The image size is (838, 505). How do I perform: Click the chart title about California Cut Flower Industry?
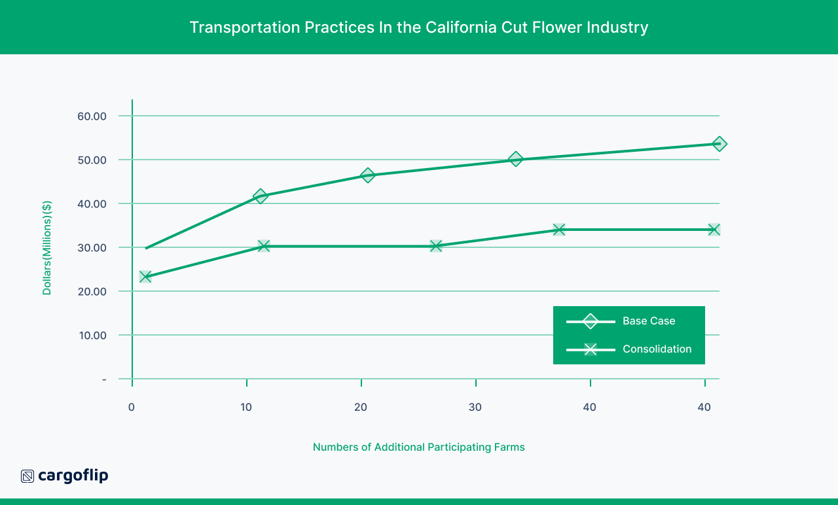coord(419,27)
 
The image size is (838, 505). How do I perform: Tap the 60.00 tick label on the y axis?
coord(92,116)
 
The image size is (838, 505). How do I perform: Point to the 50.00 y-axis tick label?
coord(92,160)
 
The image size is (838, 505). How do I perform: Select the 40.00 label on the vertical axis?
coord(92,204)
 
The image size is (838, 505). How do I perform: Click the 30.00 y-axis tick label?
coord(92,248)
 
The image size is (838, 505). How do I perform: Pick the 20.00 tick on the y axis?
coord(92,292)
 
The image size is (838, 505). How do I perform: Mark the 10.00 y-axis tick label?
coord(92,336)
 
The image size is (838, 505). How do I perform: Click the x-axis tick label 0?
coord(132,407)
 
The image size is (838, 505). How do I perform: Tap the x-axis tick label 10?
coord(246,407)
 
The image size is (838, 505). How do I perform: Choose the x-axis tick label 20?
coord(361,407)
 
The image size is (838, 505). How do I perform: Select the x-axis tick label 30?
coord(475,407)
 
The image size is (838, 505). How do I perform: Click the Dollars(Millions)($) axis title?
coord(47,248)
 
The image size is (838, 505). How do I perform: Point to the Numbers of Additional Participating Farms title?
coord(419,447)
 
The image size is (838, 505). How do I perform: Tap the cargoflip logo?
coord(65,476)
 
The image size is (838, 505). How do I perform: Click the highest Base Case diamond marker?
coord(720,144)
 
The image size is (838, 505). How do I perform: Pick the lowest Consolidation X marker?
coord(145,277)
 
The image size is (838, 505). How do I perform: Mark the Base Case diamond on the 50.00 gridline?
coord(516,159)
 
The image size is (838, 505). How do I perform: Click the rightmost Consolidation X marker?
coord(714,230)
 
